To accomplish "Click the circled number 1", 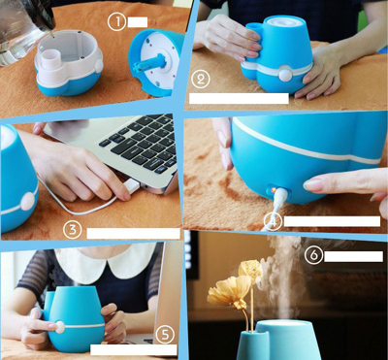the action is pyautogui.click(x=116, y=22).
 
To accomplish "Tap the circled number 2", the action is pyautogui.click(x=201, y=80).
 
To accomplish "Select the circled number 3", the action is pyautogui.click(x=72, y=230).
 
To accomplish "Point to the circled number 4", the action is pyautogui.click(x=273, y=221).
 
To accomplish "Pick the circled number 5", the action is pyautogui.click(x=165, y=335).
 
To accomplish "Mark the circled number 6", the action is pyautogui.click(x=313, y=255).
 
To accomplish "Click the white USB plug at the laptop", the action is pyautogui.click(x=132, y=187).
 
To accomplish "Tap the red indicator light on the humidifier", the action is pyautogui.click(x=273, y=190).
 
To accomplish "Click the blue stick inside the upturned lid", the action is pyautogui.click(x=151, y=62).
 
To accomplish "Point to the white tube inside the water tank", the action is pyautogui.click(x=51, y=58).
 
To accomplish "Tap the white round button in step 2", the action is pyautogui.click(x=285, y=75).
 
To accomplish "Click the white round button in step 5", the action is pyautogui.click(x=59, y=327).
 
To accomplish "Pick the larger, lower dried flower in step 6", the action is pyautogui.click(x=229, y=292).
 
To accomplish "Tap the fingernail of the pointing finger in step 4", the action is pyautogui.click(x=313, y=185).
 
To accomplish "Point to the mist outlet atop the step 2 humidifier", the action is pyautogui.click(x=283, y=21).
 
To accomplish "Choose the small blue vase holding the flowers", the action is pyautogui.click(x=253, y=344).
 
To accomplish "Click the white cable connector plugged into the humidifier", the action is pyautogui.click(x=279, y=197).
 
